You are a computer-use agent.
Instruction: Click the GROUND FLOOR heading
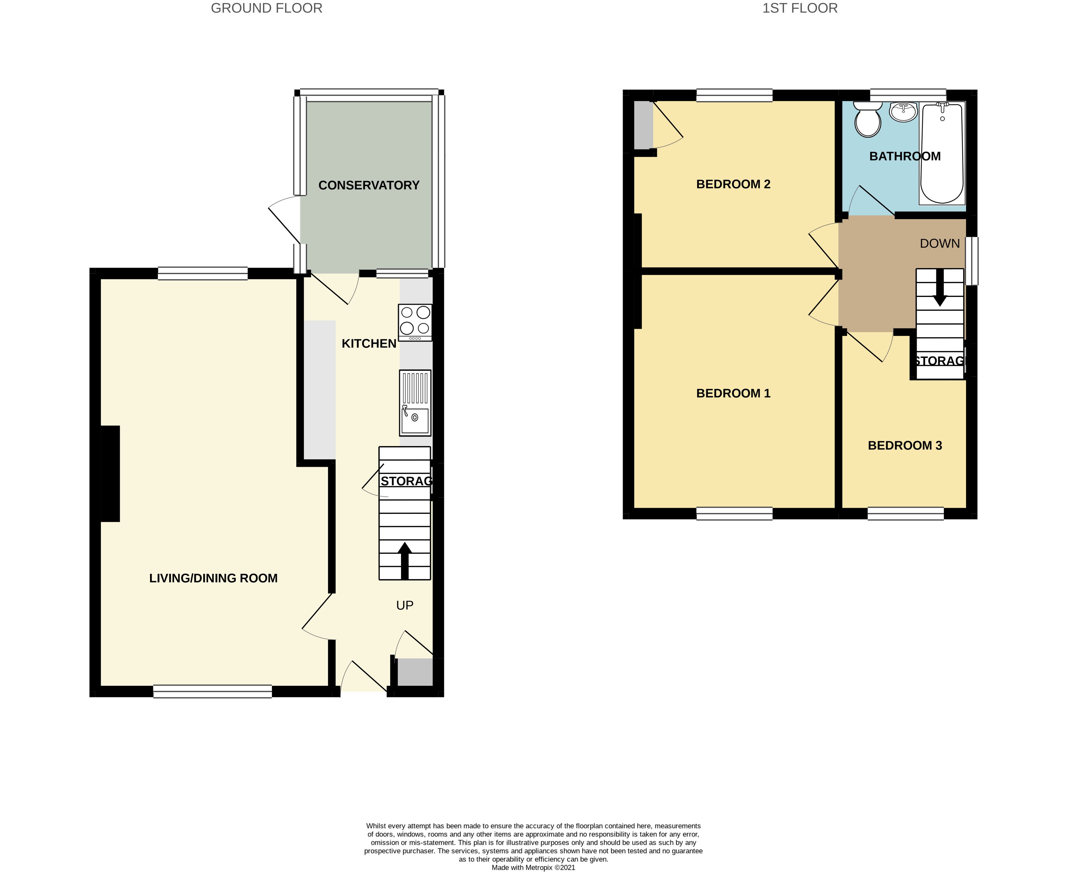pos(266,9)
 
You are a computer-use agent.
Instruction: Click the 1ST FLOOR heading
pos(800,9)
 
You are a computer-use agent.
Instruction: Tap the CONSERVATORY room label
pos(369,185)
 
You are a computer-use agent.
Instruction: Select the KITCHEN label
pos(369,344)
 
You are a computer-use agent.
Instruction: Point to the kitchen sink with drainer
pos(415,403)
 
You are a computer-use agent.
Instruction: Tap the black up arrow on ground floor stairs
pos(404,560)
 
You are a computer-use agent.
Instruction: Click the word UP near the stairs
pos(404,605)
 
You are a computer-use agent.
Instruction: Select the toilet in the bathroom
pos(868,120)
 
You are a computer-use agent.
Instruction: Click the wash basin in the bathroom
pos(903,112)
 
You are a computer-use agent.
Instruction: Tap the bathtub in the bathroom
pos(942,153)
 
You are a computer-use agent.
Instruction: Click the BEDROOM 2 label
pos(733,184)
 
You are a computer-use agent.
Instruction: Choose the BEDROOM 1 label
pos(733,393)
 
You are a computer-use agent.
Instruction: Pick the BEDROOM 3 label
pos(905,445)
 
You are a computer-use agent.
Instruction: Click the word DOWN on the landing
pos(940,244)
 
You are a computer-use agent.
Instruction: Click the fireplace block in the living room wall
pos(110,474)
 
